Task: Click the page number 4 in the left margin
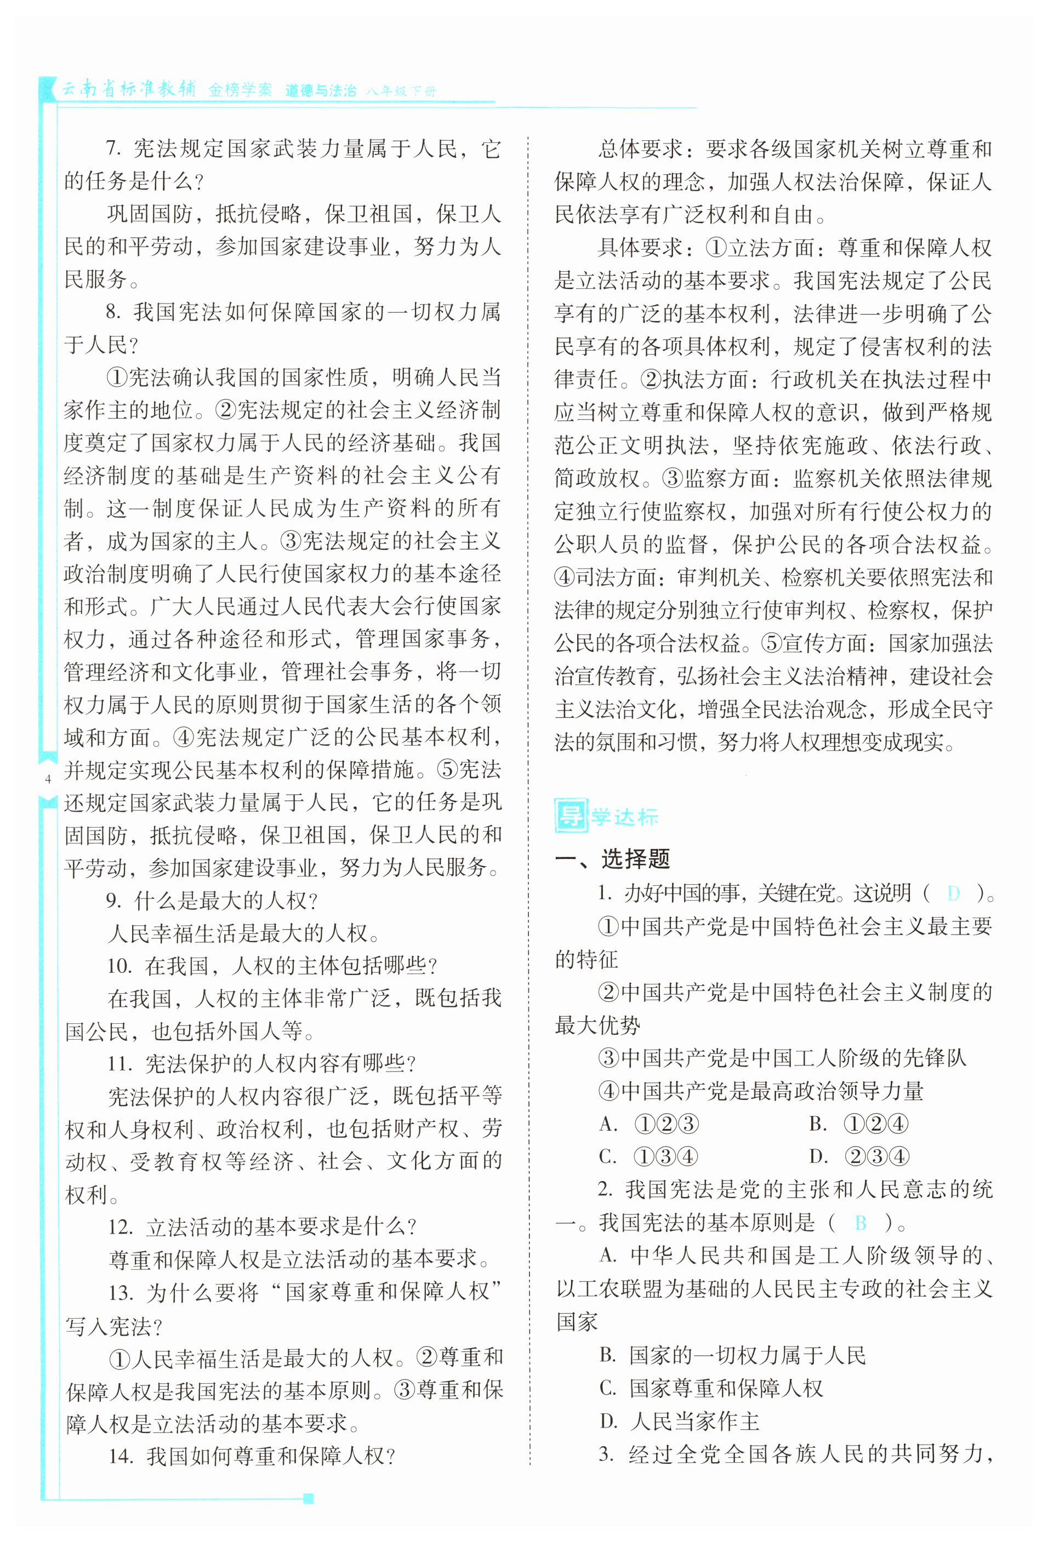coord(47,779)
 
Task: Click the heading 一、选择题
coord(612,858)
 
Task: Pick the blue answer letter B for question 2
coord(861,1222)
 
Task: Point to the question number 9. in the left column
coord(115,901)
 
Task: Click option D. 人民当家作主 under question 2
coord(679,1421)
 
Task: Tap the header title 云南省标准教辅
coord(129,89)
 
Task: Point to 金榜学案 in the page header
coord(240,90)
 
